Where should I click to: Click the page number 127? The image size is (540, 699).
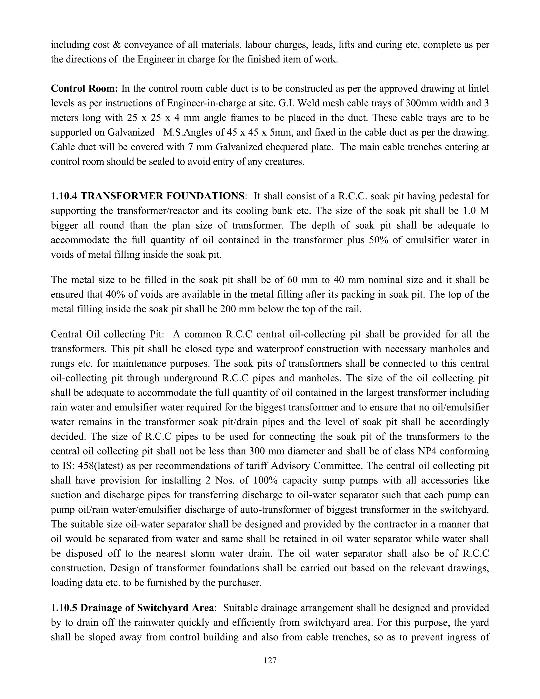(x=270, y=660)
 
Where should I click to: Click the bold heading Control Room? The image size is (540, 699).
(x=85, y=88)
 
